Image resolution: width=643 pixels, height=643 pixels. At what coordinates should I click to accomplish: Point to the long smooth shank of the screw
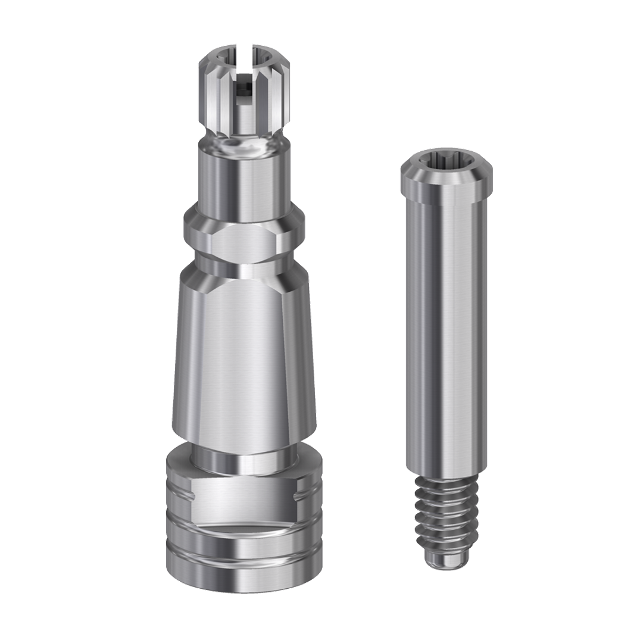446,333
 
